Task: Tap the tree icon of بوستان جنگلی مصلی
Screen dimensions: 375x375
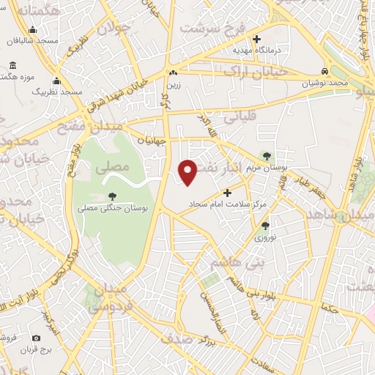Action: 112,196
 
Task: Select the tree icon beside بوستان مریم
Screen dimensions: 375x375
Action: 266,155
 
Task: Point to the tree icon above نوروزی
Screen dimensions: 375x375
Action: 264,226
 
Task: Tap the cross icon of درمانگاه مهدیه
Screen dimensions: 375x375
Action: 256,39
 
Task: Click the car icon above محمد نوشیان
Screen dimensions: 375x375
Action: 324,71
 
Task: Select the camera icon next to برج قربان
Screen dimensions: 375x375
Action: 36,338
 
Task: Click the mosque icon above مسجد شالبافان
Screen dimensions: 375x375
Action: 32,30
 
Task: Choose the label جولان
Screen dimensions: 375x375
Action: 113,30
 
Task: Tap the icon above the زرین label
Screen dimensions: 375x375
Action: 173,73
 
